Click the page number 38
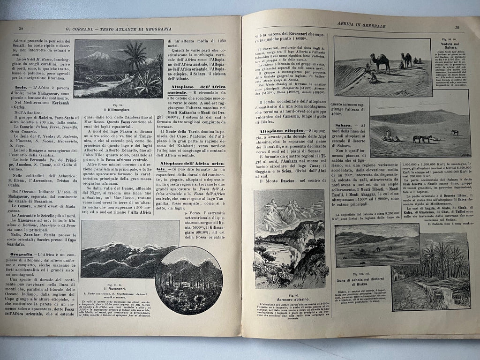tap(21, 29)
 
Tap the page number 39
tap(457, 27)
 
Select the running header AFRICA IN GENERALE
tap(361, 26)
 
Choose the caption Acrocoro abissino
tap(288, 300)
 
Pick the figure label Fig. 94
tap(118, 105)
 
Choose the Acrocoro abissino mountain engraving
tap(289, 240)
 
